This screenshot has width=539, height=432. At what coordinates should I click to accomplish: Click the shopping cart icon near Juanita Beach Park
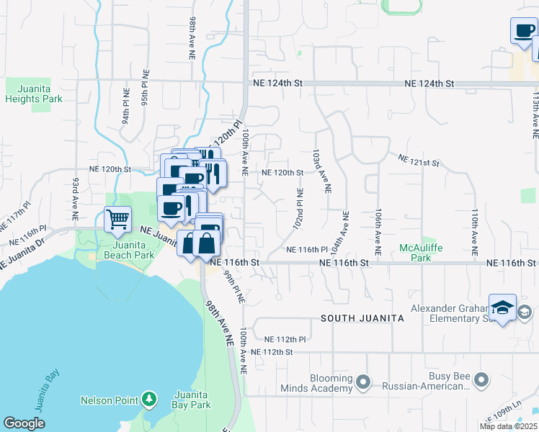coord(117,218)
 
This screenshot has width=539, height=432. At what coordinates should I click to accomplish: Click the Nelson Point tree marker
coord(149,398)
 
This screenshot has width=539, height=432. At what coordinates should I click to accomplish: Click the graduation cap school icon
coord(502,307)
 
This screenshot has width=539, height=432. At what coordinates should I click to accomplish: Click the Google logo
coord(24,423)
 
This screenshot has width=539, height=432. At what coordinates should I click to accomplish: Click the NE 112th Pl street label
coord(285,339)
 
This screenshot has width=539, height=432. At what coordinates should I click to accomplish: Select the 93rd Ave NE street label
coord(74,198)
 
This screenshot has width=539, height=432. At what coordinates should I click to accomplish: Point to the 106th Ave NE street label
coord(376,230)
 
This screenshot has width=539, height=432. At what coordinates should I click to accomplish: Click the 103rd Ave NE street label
coord(321,171)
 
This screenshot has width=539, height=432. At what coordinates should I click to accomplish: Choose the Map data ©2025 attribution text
coord(508,426)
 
